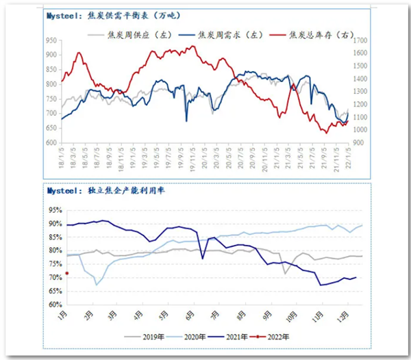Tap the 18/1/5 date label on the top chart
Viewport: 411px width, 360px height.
point(62,157)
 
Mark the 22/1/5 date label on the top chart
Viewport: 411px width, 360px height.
point(350,157)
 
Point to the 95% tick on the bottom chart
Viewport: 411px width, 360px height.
point(55,210)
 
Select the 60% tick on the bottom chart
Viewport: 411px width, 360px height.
point(55,305)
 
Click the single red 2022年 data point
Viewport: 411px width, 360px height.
point(67,273)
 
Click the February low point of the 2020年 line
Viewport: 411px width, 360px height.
point(97,285)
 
